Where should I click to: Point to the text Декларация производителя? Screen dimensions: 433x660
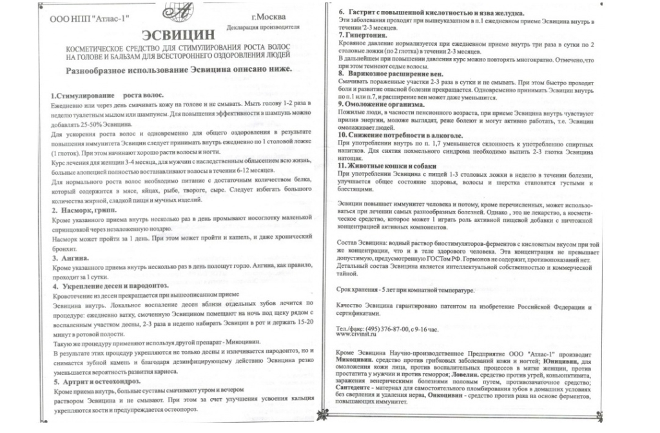(x=264, y=28)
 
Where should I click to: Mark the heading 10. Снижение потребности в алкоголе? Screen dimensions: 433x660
(x=400, y=135)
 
